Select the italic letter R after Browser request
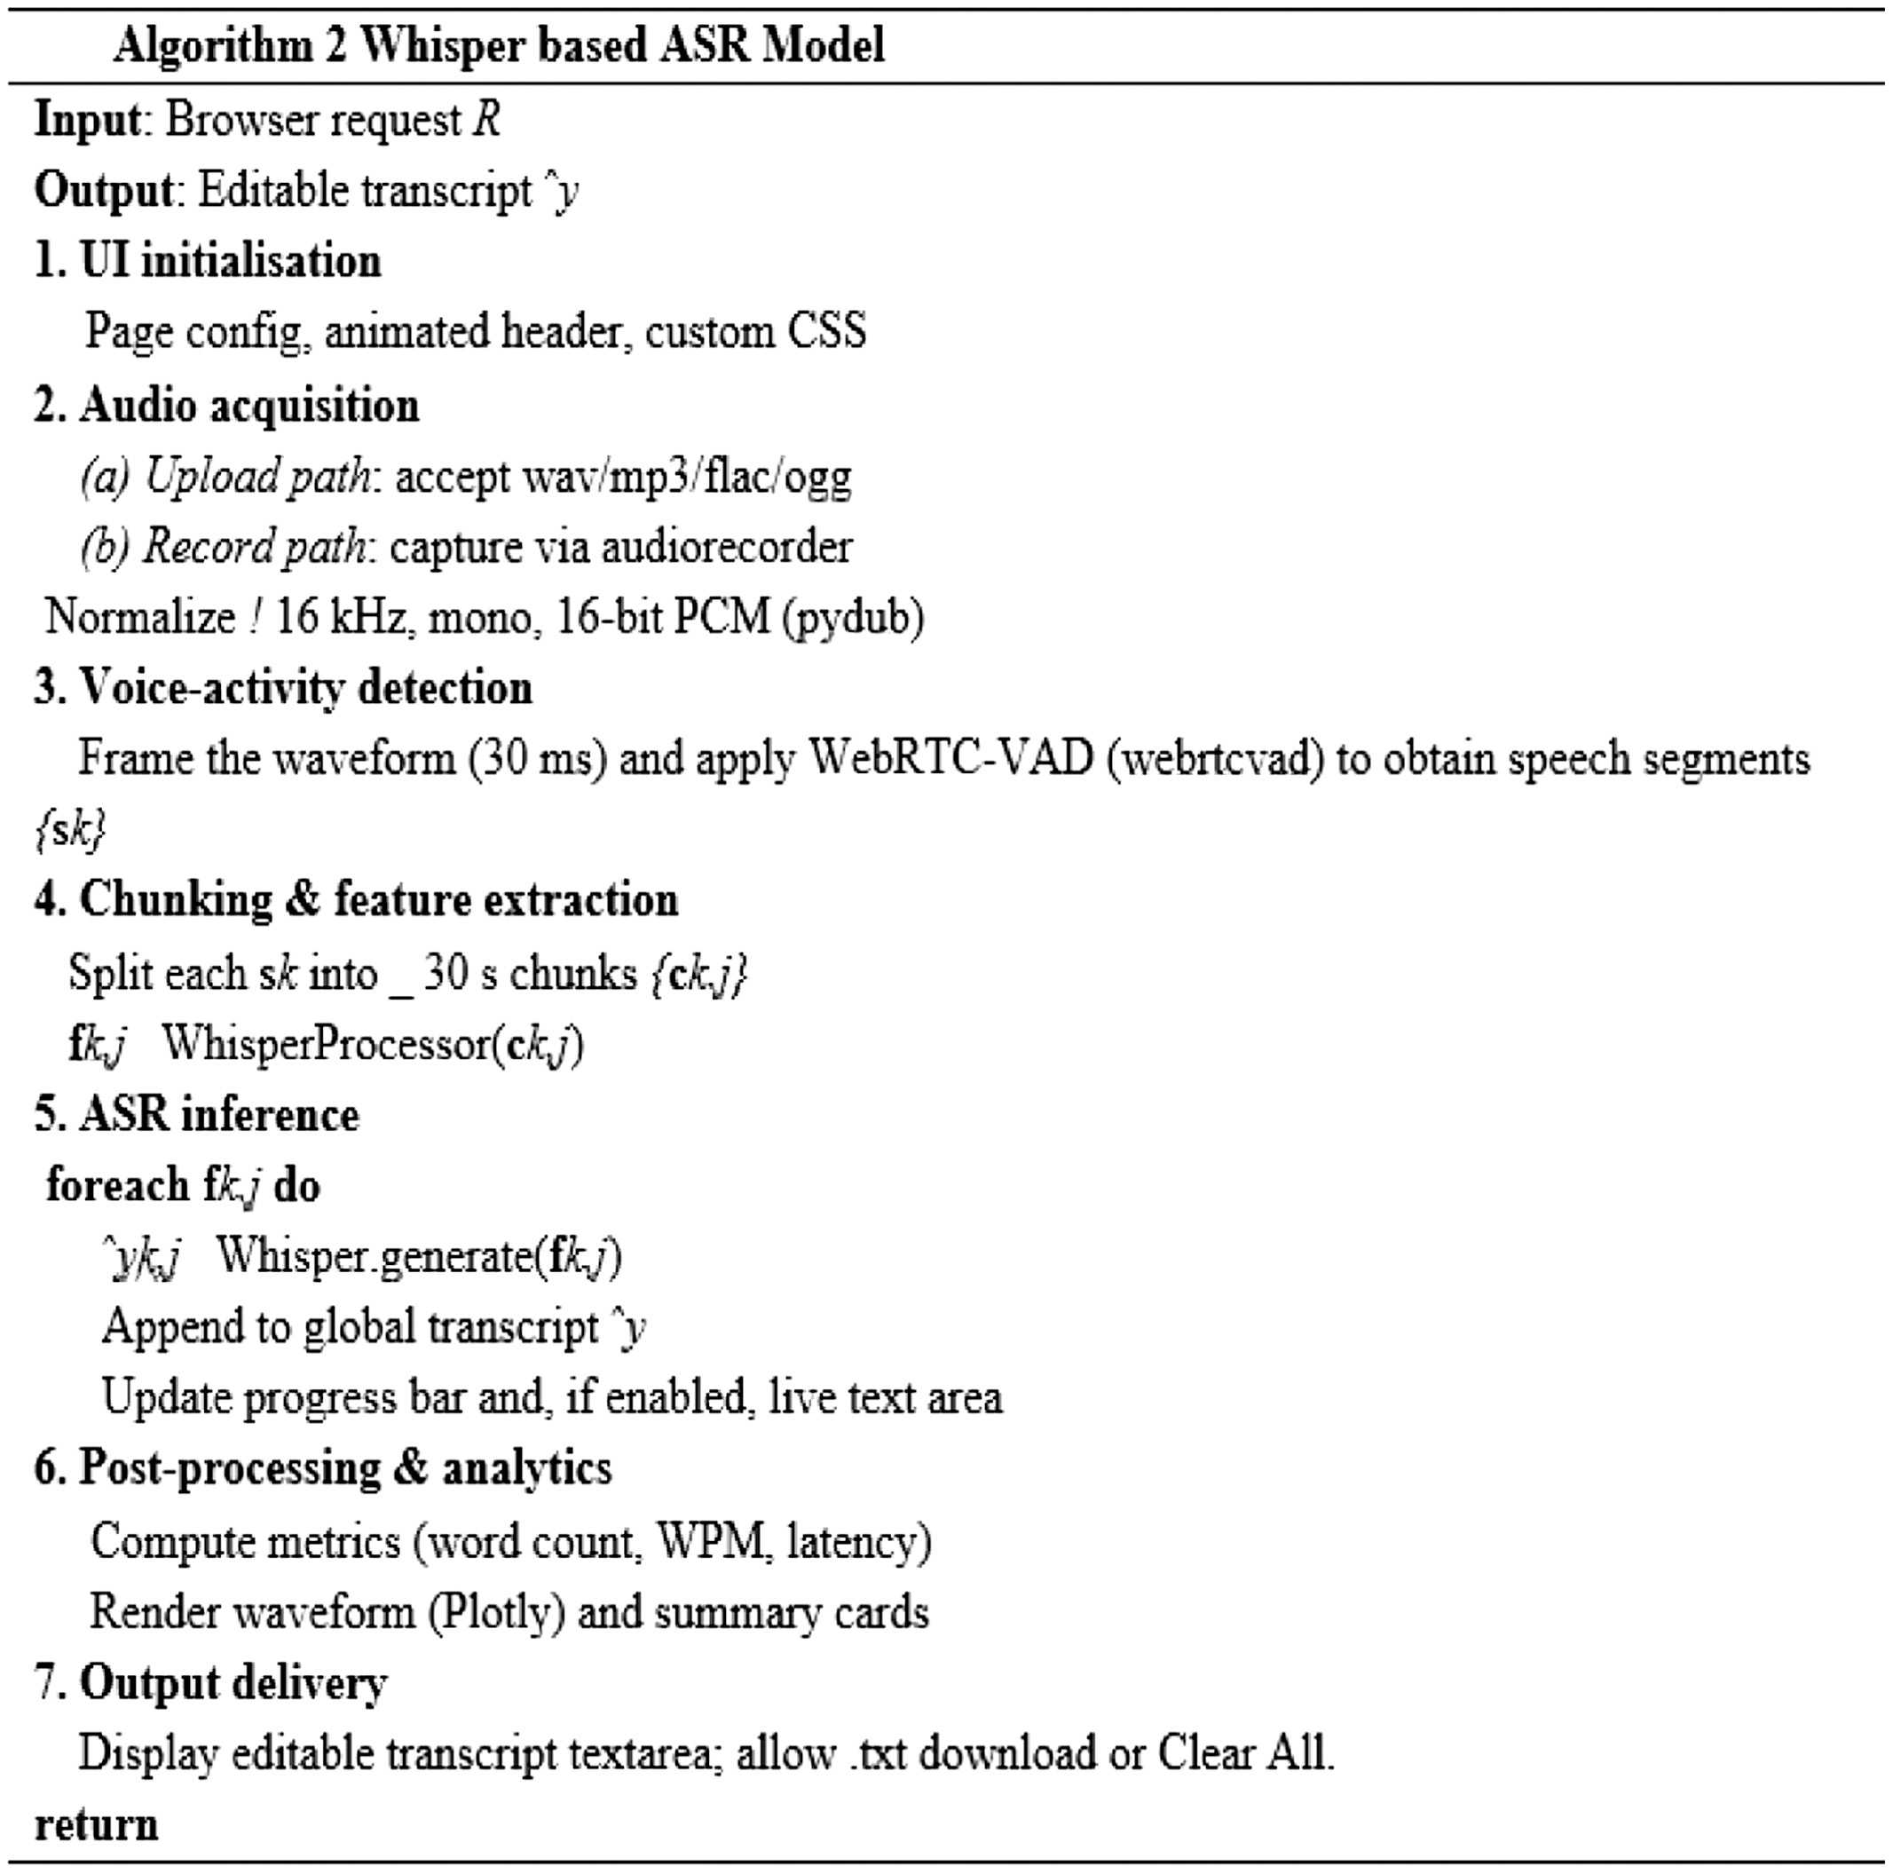(487, 120)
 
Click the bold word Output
(104, 190)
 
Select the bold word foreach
(117, 1185)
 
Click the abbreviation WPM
(709, 1541)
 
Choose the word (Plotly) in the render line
(496, 1612)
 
